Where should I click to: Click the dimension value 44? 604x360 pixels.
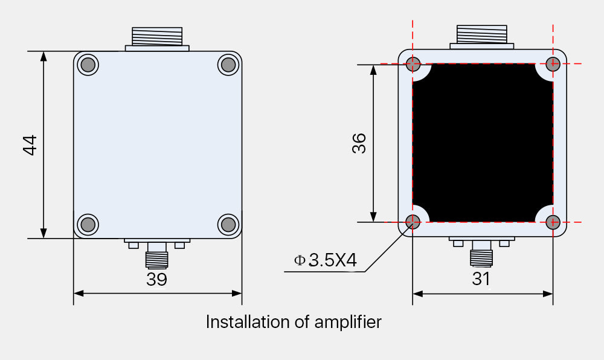click(x=30, y=145)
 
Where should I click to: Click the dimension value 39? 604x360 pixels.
click(x=156, y=279)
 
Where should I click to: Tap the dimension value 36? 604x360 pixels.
click(x=359, y=143)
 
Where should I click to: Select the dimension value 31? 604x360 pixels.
click(x=481, y=278)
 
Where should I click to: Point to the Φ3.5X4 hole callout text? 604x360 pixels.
click(x=326, y=260)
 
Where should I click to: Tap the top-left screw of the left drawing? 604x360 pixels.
click(x=88, y=65)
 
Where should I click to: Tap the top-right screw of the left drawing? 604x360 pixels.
click(x=228, y=65)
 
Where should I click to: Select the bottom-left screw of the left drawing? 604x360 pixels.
click(x=88, y=224)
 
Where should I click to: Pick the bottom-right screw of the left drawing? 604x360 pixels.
click(x=228, y=224)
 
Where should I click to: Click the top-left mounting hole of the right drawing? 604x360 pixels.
click(x=413, y=63)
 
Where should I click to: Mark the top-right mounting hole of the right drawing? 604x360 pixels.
click(x=553, y=63)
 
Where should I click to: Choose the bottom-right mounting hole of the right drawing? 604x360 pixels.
click(x=553, y=222)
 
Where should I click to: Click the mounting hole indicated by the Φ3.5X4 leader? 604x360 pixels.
click(x=413, y=222)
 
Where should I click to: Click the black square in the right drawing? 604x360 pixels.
click(x=483, y=143)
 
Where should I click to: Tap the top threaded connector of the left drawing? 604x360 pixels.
click(x=157, y=36)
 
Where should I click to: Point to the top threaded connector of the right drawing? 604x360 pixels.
click(x=482, y=34)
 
